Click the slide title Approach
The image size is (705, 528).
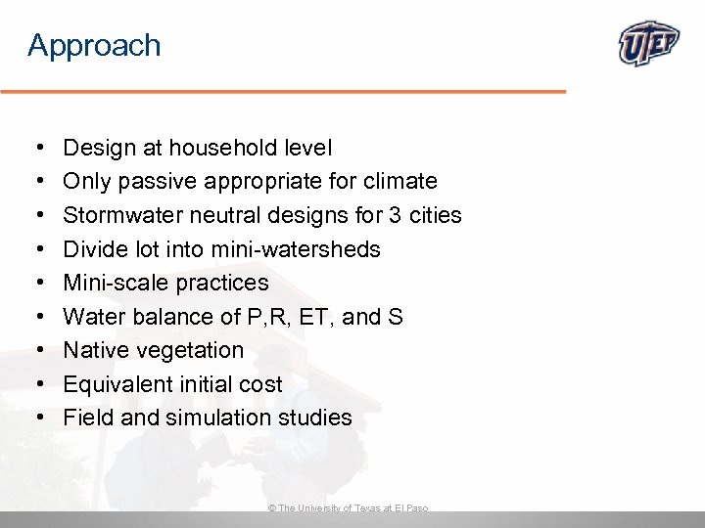point(94,46)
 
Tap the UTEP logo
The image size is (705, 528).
point(650,44)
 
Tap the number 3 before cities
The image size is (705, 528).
point(388,215)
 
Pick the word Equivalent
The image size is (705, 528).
point(114,384)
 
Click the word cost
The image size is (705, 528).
point(260,384)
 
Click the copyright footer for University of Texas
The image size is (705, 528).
point(348,508)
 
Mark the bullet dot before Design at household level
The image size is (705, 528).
point(36,149)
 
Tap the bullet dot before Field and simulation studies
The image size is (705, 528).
point(36,418)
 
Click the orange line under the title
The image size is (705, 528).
point(283,91)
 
